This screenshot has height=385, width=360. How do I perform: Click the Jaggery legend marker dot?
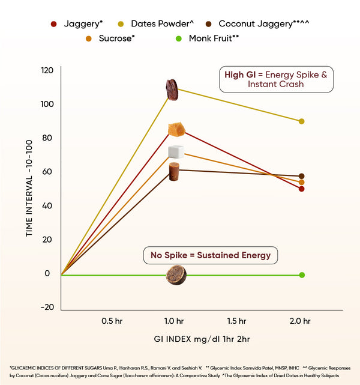coord(53,24)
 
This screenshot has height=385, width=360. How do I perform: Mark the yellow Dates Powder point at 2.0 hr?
coord(301,121)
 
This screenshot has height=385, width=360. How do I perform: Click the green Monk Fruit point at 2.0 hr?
coord(302,275)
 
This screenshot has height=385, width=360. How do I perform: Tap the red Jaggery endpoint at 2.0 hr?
coord(301,189)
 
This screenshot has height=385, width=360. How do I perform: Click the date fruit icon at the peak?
coord(172,89)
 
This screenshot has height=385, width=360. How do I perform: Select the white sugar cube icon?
coord(175,151)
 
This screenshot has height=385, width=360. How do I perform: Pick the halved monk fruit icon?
coord(176,275)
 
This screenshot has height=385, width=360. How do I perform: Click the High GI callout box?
coord(276,79)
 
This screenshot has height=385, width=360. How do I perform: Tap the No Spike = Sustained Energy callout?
coord(211,255)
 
